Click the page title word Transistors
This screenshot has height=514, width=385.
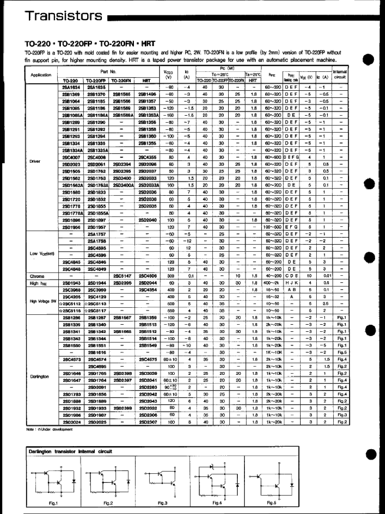click(x=63, y=16)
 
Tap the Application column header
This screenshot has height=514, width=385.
click(x=41, y=75)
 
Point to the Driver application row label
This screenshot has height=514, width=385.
click(x=35, y=161)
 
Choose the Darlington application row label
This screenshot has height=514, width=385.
click(x=39, y=377)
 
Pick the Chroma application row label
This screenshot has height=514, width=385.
click(x=37, y=276)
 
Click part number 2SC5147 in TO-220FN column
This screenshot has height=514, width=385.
click(x=121, y=276)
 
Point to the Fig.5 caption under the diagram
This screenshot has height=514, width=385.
click(x=271, y=503)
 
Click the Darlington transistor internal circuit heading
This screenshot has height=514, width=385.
click(x=70, y=451)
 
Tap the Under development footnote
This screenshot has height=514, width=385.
click(x=49, y=429)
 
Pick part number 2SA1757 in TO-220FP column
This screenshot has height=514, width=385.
click(x=97, y=234)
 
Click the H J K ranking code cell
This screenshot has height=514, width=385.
click(x=292, y=283)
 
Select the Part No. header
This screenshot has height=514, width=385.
click(x=108, y=72)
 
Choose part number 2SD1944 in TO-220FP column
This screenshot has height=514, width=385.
click(x=97, y=283)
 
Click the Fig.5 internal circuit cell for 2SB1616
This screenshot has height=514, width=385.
click(x=342, y=352)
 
